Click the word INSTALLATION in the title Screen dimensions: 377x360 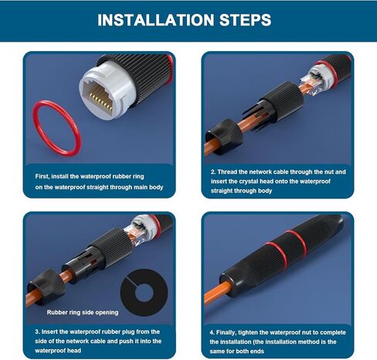click(x=156, y=20)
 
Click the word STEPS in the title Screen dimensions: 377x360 click(x=245, y=20)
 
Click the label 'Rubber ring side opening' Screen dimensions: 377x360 click(x=83, y=312)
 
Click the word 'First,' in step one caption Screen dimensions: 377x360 click(x=42, y=176)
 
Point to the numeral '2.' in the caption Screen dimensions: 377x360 click(x=213, y=172)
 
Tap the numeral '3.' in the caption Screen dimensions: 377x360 click(x=38, y=331)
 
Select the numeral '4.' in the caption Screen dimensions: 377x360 click(x=212, y=332)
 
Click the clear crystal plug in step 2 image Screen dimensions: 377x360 click(x=311, y=86)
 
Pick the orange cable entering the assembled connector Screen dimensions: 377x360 click(x=217, y=293)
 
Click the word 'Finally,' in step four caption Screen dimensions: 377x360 click(x=226, y=332)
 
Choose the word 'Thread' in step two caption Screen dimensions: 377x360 click(x=227, y=172)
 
